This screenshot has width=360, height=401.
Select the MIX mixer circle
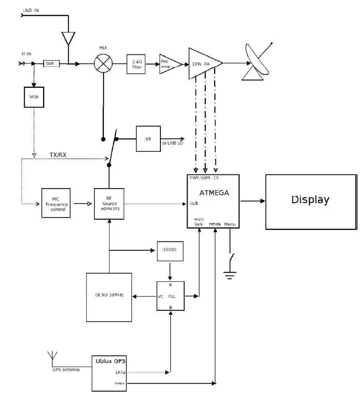[103, 63]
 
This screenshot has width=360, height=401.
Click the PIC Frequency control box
[55, 204]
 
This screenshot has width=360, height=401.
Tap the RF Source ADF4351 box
[109, 204]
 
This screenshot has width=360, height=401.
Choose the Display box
[310, 200]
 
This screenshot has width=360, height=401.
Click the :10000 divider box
[169, 251]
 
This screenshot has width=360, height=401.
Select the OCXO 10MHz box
[109, 297]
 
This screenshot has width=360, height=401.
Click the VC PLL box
[170, 295]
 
